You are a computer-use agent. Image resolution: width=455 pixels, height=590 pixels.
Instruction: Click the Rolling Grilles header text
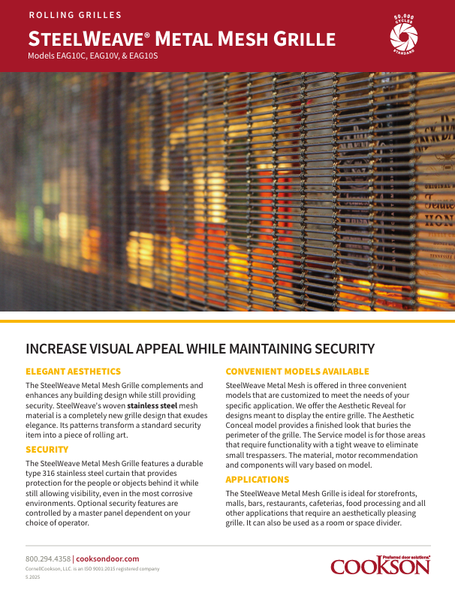tap(74, 15)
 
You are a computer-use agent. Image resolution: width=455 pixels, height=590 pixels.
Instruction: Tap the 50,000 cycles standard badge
tap(404, 34)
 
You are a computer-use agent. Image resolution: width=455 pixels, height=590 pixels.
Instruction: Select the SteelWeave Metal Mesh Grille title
tap(181, 39)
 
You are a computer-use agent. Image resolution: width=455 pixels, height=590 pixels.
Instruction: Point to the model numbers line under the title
tap(92, 56)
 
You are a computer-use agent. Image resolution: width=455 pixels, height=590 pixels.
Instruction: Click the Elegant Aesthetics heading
tap(73, 372)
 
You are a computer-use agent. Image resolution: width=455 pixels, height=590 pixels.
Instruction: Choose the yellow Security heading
tap(47, 450)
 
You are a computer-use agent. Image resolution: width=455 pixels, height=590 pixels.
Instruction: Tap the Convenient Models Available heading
tap(297, 372)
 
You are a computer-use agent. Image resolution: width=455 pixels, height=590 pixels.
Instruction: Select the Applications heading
tap(258, 479)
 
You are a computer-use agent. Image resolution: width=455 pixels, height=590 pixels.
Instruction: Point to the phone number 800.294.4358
tap(48, 558)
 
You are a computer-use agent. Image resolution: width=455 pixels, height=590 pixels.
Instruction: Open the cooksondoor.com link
tap(108, 558)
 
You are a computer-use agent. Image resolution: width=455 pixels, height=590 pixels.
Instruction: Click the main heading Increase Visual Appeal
tap(200, 348)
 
